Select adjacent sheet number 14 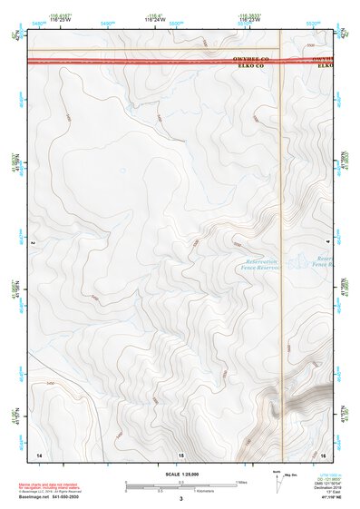39,453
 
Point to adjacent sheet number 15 180,453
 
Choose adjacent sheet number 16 323,453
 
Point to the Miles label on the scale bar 241,481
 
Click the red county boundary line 136,62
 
